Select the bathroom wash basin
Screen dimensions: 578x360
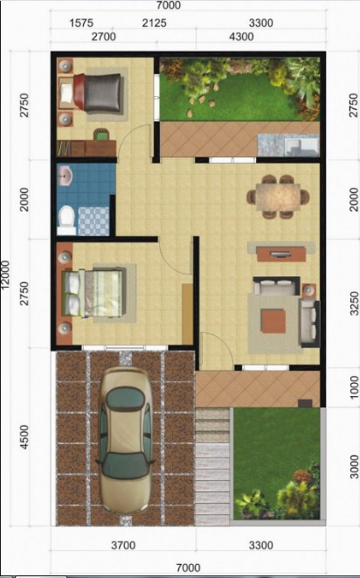66,178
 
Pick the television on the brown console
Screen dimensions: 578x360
280,253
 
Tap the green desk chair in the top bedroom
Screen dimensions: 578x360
101,135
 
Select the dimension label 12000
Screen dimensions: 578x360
6,282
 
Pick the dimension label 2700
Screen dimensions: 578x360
103,37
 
